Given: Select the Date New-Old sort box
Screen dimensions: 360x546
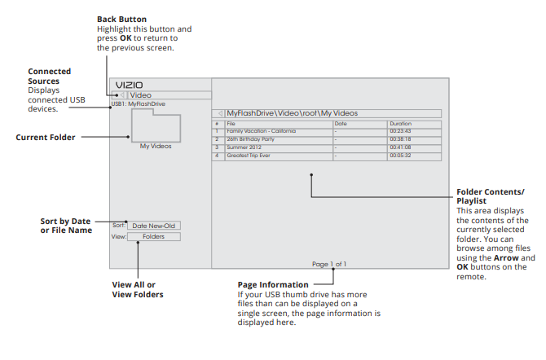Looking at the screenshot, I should click(x=153, y=226).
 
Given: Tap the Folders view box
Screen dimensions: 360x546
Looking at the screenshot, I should click(x=153, y=237).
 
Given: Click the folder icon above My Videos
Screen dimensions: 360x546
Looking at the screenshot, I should click(x=155, y=128).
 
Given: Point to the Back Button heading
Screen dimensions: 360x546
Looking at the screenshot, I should click(x=122, y=19).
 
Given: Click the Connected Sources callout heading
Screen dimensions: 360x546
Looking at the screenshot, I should click(x=49, y=77).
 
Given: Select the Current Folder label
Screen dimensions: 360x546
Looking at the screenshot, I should click(x=46, y=138).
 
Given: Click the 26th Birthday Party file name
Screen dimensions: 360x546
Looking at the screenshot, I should click(x=251, y=139).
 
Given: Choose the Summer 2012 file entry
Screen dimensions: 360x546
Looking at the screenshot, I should click(x=244, y=147).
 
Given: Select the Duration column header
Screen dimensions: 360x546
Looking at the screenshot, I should click(x=400, y=124).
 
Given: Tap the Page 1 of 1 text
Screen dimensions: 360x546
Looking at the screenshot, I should click(x=328, y=264).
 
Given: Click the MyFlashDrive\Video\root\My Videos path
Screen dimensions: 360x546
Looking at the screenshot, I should click(x=292, y=113).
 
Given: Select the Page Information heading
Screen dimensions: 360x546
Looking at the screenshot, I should click(x=273, y=285).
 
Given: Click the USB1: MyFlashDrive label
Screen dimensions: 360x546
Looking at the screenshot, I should click(x=138, y=103).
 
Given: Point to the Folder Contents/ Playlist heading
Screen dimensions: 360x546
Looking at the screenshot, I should click(x=491, y=195).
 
